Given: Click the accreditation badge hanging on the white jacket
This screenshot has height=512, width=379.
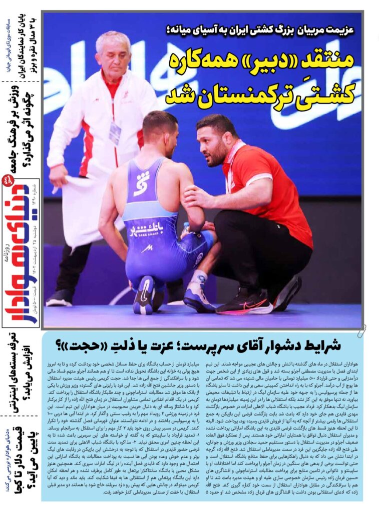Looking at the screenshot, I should pyautogui.click(x=115, y=132).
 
